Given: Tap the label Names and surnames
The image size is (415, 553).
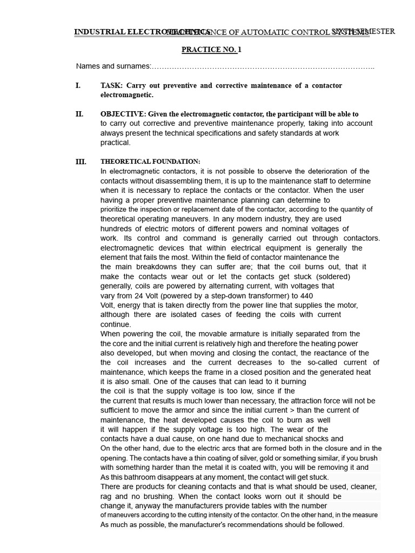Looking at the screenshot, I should tap(113, 66).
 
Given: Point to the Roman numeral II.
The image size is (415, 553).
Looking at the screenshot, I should tap(79, 114).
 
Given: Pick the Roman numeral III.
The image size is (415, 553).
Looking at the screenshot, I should tap(81, 162).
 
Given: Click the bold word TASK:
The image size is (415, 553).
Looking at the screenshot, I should tap(111, 86).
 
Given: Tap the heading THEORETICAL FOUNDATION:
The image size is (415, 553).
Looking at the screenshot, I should tap(150, 162).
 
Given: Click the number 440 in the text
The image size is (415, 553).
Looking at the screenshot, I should tap(306, 296).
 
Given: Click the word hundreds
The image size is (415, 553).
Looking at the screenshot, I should tap(117, 229).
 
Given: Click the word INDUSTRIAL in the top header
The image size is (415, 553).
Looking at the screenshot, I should tap(99, 32).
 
